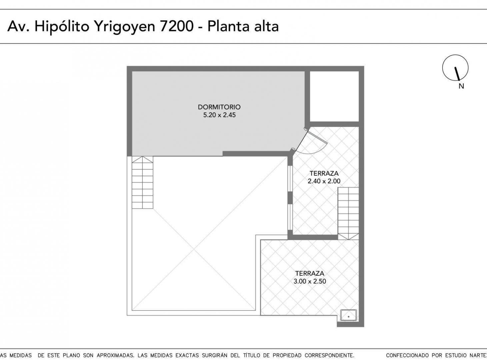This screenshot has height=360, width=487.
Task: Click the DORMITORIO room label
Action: [219, 107]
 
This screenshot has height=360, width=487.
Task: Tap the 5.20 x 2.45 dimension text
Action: [219, 115]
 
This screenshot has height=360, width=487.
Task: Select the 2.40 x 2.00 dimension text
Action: [324, 181]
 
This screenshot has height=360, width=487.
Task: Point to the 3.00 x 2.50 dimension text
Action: [310, 281]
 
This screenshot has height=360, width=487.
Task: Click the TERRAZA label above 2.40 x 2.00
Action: [324, 173]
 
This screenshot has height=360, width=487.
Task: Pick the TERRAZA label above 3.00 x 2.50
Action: [310, 273]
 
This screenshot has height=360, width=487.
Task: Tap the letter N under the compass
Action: [461, 86]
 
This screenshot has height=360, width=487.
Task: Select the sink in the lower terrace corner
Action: [348, 315]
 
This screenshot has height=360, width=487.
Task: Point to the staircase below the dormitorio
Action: [142, 182]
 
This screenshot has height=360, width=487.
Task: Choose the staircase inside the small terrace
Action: [348, 213]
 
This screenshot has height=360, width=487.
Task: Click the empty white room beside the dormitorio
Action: [334, 96]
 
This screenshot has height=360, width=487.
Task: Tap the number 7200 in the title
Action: [177, 26]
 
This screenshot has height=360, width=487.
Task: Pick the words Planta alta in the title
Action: [243, 26]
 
